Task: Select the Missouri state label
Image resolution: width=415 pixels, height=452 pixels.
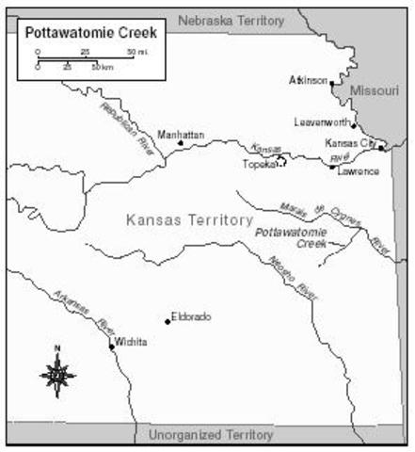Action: tap(369, 90)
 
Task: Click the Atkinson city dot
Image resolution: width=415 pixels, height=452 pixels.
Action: tap(331, 83)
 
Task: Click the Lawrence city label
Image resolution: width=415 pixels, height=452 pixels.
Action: tap(358, 171)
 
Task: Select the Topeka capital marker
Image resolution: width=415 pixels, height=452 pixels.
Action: tap(279, 162)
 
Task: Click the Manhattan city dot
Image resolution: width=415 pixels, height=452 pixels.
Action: tap(181, 143)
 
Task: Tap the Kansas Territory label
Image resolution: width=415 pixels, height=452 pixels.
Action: tap(188, 219)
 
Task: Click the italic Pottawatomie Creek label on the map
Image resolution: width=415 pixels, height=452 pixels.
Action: tap(291, 236)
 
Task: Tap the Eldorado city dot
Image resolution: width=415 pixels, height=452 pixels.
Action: tap(168, 321)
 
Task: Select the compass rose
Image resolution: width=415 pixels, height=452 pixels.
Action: tap(57, 374)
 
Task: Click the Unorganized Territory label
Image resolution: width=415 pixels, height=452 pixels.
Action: tap(211, 435)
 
